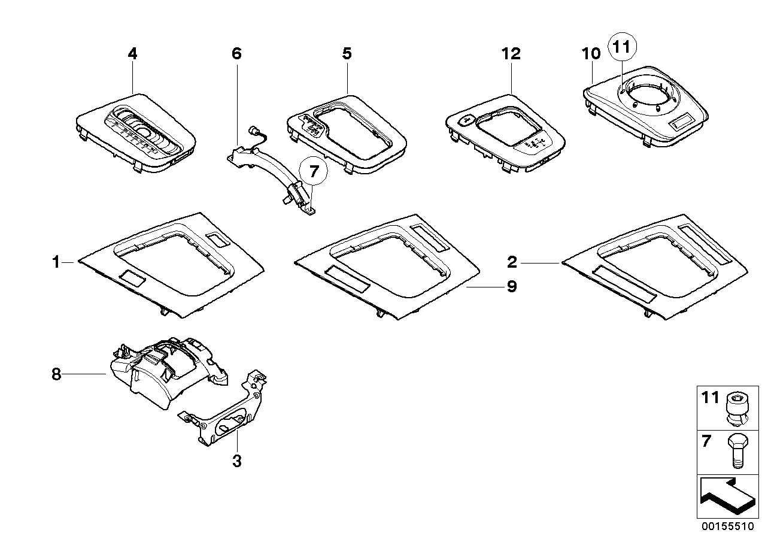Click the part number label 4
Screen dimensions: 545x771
tap(132, 54)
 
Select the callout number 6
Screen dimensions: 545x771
tap(236, 54)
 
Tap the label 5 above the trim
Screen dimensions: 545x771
tap(347, 54)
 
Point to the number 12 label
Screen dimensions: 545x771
tap(511, 54)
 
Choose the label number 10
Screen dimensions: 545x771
tap(591, 54)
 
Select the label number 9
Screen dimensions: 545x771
tap(511, 287)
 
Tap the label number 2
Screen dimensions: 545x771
tap(512, 262)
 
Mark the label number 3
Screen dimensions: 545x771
tap(236, 461)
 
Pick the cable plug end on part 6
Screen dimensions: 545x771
tap(253, 130)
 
